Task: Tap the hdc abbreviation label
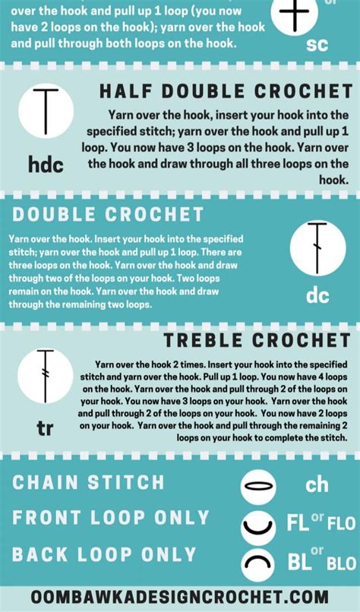(45, 164)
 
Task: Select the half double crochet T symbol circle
(46, 113)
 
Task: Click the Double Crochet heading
(108, 214)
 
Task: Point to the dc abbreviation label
(317, 295)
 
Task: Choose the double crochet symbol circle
(317, 248)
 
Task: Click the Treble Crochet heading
(257, 339)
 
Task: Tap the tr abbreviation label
(45, 429)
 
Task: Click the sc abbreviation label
(317, 44)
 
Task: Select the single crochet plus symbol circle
(297, 14)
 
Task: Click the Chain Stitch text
(88, 481)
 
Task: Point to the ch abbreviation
(317, 484)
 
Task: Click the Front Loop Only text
(110, 518)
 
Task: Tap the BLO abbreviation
(341, 564)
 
